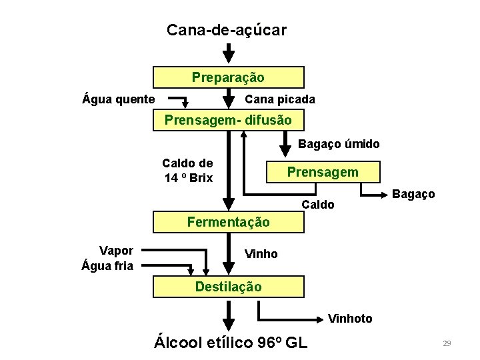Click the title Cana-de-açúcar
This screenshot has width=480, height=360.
coord(227,30)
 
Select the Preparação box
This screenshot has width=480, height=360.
coord(228,77)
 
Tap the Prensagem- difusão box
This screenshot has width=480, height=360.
coord(228,121)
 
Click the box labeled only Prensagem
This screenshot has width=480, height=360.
coord(323,172)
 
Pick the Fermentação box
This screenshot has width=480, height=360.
coord(228,222)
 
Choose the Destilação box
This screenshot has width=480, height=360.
coord(228,287)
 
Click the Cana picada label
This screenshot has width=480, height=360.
coord(280,100)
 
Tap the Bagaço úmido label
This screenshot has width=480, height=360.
coord(339,144)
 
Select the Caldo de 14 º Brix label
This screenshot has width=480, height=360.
coord(188,171)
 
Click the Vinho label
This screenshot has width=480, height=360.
coord(261,254)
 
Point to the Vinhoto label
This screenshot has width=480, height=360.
coord(350,319)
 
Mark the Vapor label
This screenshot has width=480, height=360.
coord(116,251)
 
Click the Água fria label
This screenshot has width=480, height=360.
coord(107,266)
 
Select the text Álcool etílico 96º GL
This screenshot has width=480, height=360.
coord(231,343)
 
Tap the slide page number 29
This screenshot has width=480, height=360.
coord(447,343)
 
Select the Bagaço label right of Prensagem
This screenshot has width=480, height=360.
coord(413,194)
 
